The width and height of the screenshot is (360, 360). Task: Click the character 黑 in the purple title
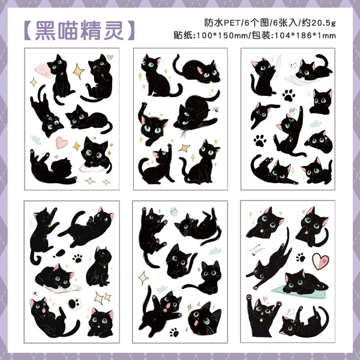point(46,31)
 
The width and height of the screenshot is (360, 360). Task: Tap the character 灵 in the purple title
point(113,31)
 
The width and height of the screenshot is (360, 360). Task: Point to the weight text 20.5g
point(324,23)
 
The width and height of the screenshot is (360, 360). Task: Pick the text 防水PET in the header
point(222,23)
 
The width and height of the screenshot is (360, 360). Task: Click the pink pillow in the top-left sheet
point(44,70)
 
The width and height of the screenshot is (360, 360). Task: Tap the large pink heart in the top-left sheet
point(62,142)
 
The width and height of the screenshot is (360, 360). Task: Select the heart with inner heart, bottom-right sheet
point(321,261)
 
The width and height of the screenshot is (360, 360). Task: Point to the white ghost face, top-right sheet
point(293,64)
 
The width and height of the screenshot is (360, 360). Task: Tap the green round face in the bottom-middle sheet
point(173,211)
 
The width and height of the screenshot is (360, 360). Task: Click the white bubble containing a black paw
point(74,304)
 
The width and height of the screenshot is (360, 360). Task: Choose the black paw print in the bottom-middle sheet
point(175,332)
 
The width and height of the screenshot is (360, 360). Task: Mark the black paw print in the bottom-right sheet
point(301,257)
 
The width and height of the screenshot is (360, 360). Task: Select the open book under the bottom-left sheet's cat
point(63,288)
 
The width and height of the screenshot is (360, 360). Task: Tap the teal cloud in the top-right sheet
point(315,124)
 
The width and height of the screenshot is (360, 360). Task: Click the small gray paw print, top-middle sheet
point(215,110)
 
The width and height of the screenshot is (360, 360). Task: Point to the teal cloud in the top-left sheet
point(36,140)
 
